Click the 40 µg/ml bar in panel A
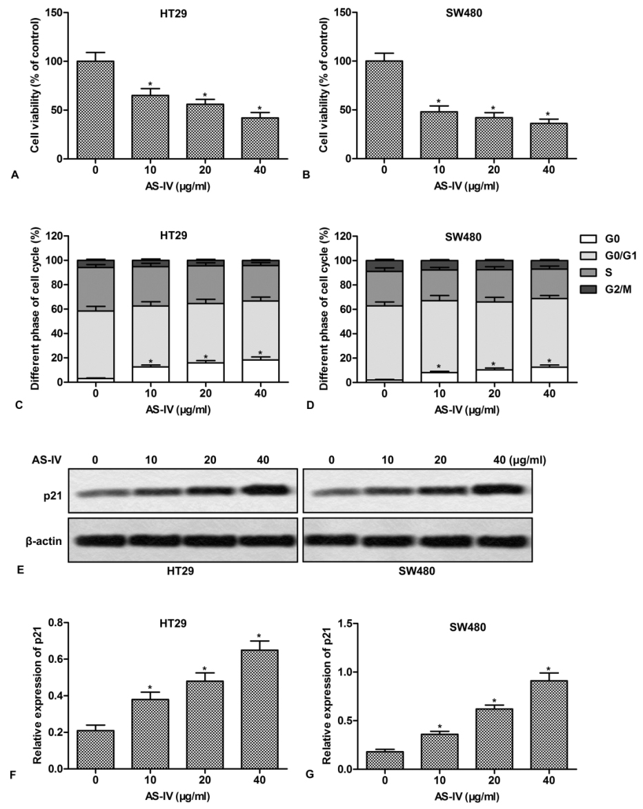click(x=260, y=138)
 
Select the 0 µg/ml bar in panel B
click(x=384, y=110)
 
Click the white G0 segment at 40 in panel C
click(x=259, y=371)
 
